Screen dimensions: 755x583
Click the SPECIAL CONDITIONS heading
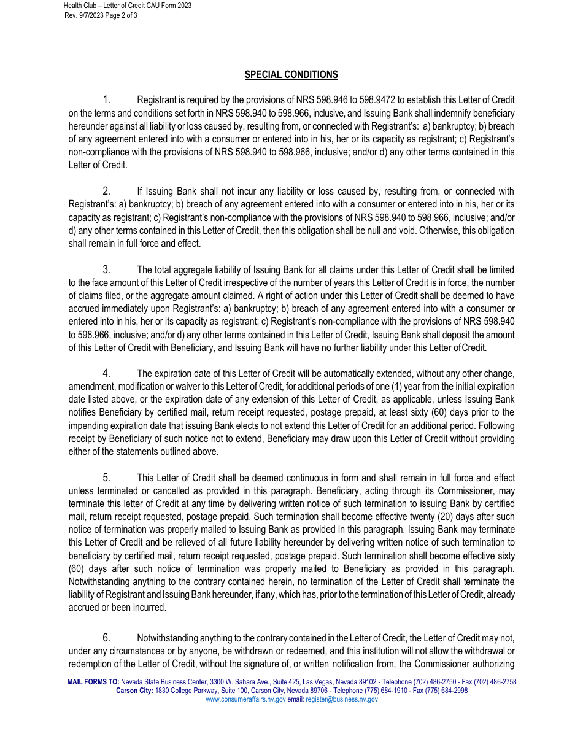pos(291,75)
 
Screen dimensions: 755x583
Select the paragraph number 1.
pos(106,100)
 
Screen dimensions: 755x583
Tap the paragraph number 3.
pos(106,269)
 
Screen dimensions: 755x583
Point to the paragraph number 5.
pos(106,478)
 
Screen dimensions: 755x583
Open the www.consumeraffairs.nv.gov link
pos(245,699)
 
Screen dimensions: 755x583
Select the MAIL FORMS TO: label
pos(93,682)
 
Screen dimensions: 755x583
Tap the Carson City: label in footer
pos(135,691)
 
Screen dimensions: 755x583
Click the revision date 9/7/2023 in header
pos(90,15)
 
